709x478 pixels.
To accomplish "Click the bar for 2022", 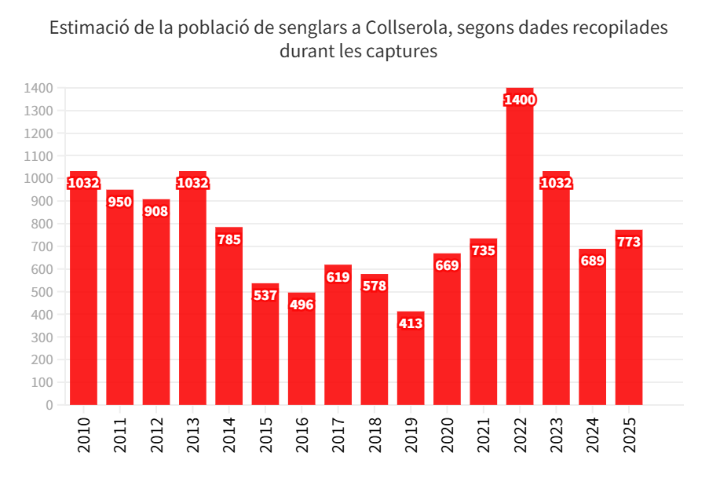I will coord(520,251).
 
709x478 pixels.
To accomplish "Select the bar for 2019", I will coord(411,365).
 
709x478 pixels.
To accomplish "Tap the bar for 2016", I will coord(302,353).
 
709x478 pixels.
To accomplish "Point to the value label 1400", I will coord(520,100).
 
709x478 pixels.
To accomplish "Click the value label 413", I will coord(411,323).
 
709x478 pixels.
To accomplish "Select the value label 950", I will coord(119,202).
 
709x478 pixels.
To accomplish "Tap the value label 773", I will coord(629,242).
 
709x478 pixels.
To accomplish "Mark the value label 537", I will coord(265,295).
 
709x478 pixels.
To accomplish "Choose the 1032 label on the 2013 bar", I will coord(192,183).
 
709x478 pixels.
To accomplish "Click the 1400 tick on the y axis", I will coord(38,88).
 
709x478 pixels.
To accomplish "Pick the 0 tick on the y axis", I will coord(49,405).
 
